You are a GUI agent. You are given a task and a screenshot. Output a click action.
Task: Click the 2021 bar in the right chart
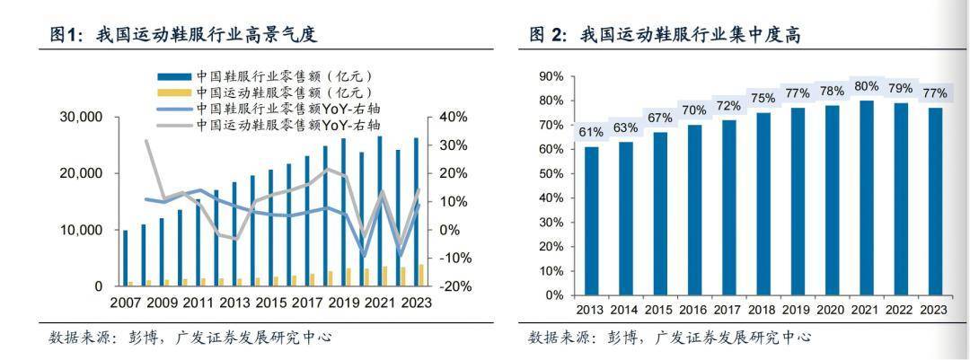coord(867,198)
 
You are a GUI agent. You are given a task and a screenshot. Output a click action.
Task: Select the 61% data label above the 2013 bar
coord(591,133)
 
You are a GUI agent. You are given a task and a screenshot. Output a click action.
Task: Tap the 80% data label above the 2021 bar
coord(867,86)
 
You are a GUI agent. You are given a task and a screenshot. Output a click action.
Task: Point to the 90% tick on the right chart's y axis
coord(551,77)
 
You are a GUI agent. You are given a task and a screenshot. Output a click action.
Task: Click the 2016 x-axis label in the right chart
coord(694,311)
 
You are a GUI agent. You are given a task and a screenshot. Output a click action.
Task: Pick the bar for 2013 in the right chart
coord(591,221)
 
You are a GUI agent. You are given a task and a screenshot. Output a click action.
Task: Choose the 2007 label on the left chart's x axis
coord(127,303)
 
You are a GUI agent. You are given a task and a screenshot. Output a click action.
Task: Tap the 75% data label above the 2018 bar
coord(763,99)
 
